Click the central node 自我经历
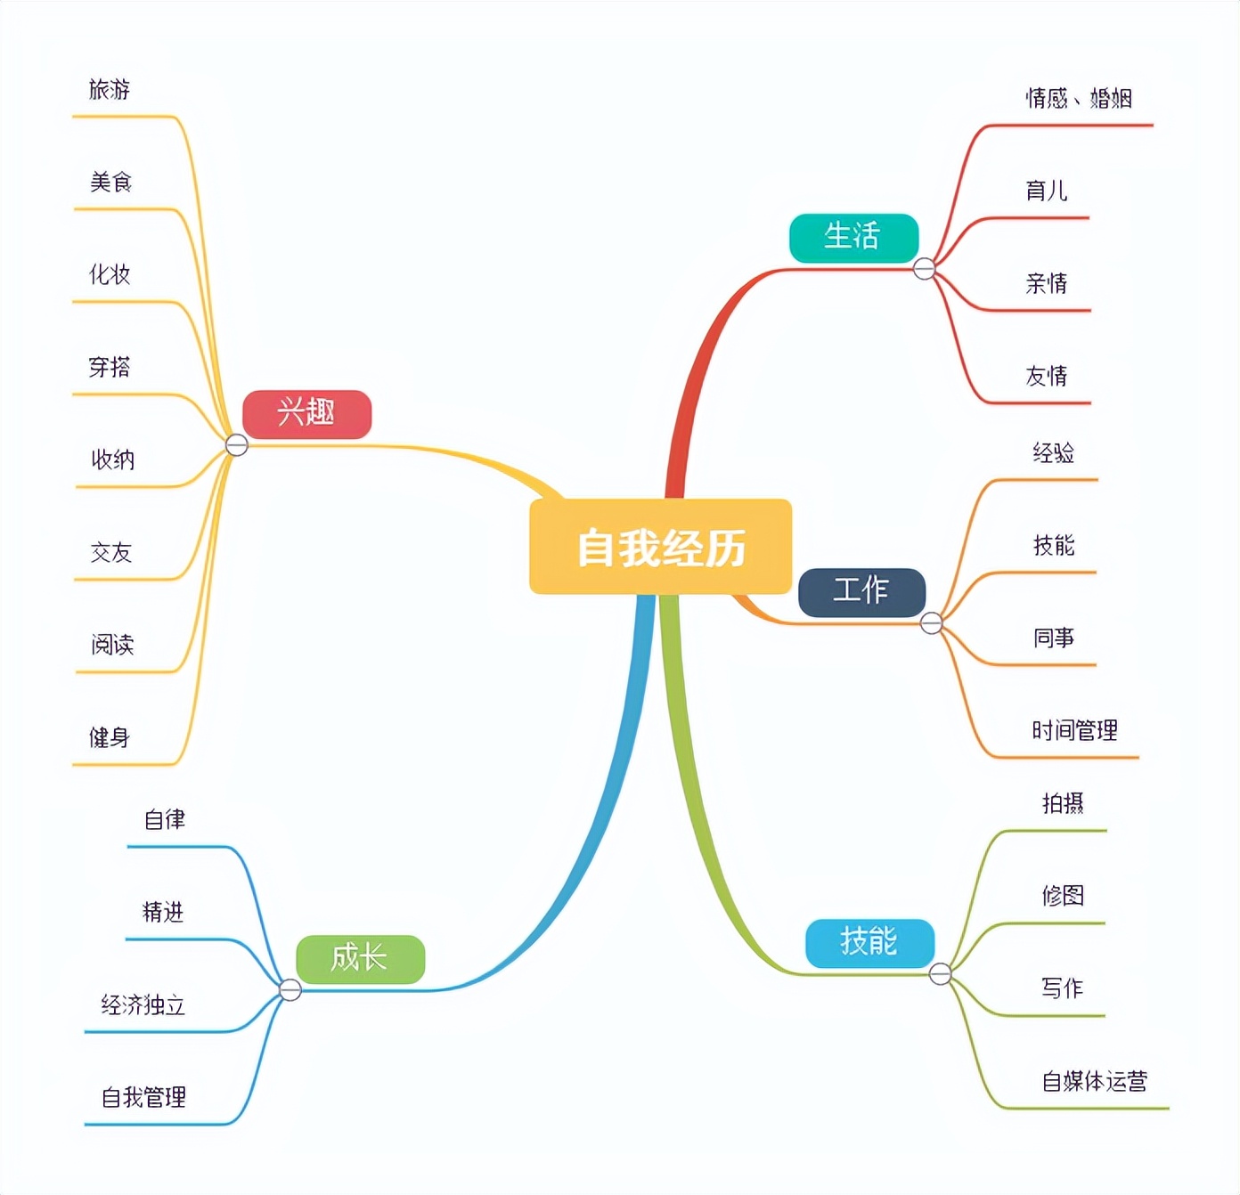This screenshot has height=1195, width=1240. click(x=660, y=547)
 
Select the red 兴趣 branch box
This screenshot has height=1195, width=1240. click(x=306, y=414)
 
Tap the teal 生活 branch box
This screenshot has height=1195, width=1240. click(x=852, y=238)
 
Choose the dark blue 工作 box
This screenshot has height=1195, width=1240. click(x=861, y=592)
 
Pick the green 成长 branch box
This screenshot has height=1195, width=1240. click(x=360, y=959)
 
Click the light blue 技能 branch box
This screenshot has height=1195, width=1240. click(x=869, y=943)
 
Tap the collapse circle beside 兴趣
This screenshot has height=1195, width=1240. click(x=237, y=444)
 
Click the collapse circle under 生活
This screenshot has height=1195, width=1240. click(x=925, y=269)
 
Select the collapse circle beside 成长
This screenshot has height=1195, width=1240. click(x=290, y=989)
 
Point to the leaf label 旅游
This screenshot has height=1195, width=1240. click(x=110, y=90)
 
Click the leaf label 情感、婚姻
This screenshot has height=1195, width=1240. click(x=1079, y=98)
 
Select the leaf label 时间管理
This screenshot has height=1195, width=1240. click(x=1074, y=731)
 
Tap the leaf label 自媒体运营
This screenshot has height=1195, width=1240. click(x=1095, y=1082)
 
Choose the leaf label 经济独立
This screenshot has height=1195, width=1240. click(x=143, y=1005)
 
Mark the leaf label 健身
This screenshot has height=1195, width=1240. click(x=110, y=737)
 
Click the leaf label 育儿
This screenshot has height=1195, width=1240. click(x=1047, y=191)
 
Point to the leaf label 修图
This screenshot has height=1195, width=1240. click(x=1063, y=896)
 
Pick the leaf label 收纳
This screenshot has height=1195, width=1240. click(x=113, y=459)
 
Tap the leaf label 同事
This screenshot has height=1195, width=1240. click(x=1054, y=638)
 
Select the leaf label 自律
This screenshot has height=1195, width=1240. click(x=165, y=819)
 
